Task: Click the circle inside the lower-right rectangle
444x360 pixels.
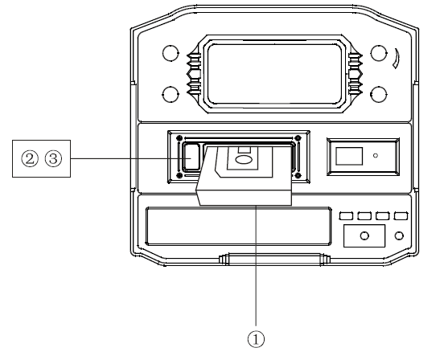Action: click(x=364, y=235)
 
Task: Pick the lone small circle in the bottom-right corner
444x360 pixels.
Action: click(x=400, y=235)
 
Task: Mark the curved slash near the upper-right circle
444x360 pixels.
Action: click(x=397, y=59)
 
